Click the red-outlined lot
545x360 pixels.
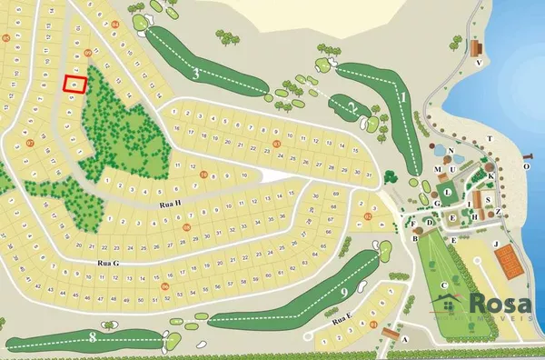[x=74, y=84]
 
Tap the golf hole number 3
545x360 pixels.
[x=196, y=74]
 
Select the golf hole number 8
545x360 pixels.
[x=94, y=338]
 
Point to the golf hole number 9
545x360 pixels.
[x=346, y=292]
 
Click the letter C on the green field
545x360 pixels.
[x=444, y=285]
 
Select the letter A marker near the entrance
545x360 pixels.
[x=406, y=339]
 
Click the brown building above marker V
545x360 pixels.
[x=476, y=47]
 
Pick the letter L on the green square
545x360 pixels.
[x=448, y=192]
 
